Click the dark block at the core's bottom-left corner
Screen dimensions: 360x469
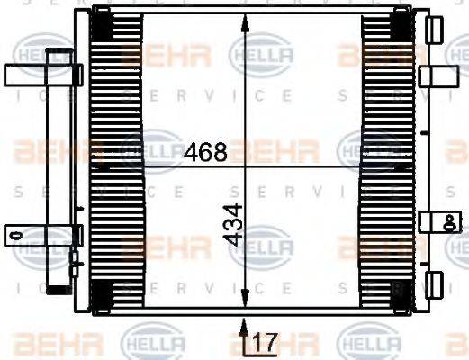[103, 292]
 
